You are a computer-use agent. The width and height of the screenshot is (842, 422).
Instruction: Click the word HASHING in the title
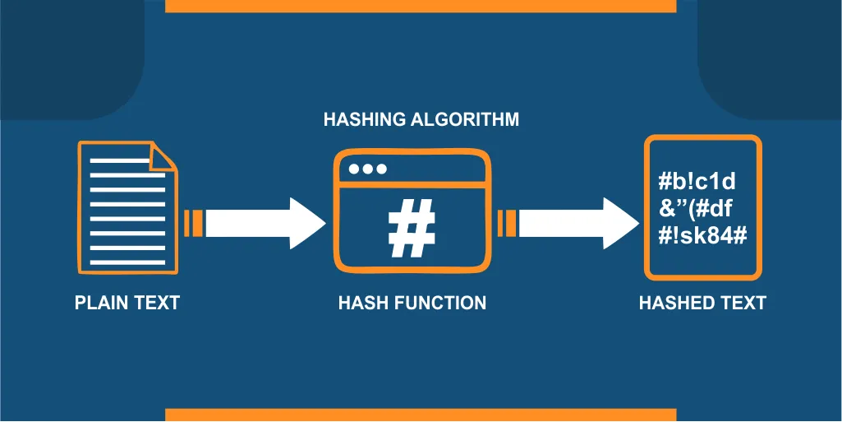point(364,119)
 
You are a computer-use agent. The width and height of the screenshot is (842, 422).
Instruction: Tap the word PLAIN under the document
point(99,303)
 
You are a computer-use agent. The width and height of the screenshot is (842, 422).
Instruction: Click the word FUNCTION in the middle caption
point(440,303)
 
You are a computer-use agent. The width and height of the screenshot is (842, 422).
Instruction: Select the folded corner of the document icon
point(163,156)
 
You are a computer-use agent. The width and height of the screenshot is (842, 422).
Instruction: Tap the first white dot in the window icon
point(354,169)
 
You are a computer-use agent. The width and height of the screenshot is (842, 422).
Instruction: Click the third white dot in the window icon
point(381,169)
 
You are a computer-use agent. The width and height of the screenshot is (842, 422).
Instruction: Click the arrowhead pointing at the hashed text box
point(621,223)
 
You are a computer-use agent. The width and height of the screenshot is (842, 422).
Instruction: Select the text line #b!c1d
point(697,183)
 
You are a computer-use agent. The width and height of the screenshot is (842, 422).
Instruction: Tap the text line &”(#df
point(696,209)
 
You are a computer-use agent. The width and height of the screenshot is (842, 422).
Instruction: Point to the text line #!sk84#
point(703,236)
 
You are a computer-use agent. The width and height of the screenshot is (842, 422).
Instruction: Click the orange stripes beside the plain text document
point(193,223)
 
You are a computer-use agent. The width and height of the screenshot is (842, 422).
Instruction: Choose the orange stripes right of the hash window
point(506,223)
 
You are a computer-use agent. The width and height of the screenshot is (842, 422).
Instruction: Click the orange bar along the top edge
point(421,6)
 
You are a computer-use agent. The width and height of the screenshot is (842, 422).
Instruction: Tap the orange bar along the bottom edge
point(421,415)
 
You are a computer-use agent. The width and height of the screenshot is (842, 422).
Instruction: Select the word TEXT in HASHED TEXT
point(743,303)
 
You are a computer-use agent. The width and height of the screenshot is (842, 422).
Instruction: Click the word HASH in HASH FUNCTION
point(364,303)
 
